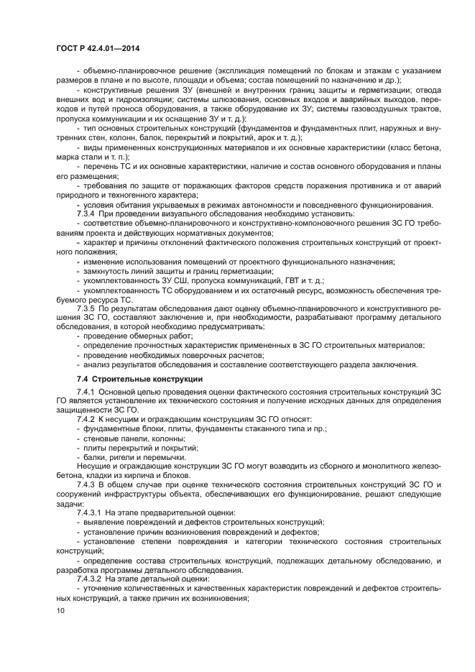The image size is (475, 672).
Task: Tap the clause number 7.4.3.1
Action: click(90, 512)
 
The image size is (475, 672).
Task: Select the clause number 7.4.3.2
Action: click(90, 579)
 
